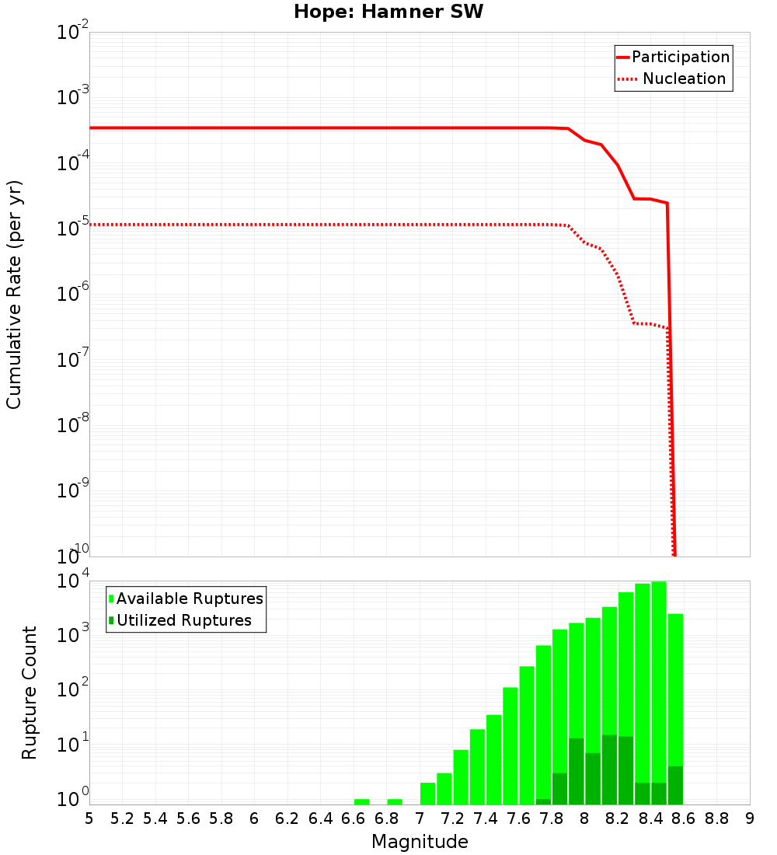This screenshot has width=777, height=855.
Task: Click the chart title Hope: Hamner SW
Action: coord(388,12)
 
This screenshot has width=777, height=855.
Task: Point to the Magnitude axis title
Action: coord(420,842)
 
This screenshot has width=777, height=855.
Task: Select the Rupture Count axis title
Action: coord(30,693)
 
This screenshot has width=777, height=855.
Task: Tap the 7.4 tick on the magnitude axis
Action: coord(486,818)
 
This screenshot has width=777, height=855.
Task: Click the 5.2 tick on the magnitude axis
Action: coord(122,818)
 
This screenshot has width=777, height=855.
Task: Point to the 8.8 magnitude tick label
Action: coord(716,818)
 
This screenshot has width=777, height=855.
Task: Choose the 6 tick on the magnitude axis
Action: coord(254,818)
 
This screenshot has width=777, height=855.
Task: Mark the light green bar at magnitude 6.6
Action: coord(361,801)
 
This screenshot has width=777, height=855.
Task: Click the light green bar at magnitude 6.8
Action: coord(395,801)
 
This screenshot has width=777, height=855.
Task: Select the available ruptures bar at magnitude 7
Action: coord(427,794)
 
